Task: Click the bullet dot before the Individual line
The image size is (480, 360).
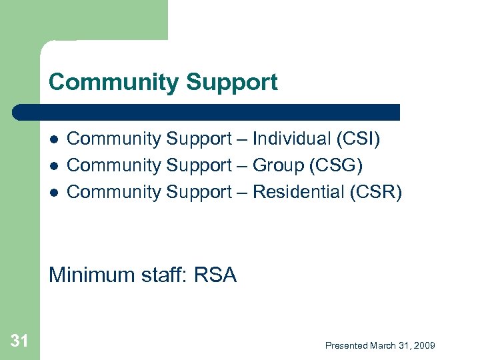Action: click(x=54, y=139)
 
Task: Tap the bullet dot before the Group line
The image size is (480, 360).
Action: click(x=54, y=165)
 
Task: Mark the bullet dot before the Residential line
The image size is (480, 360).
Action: click(x=54, y=192)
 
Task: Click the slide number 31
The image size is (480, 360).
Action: click(x=19, y=341)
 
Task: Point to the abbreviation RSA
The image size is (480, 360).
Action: click(x=215, y=275)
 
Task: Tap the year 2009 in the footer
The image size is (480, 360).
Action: click(x=424, y=345)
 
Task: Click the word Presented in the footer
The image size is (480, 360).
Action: click(x=347, y=345)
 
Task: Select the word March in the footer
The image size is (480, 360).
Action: click(x=383, y=345)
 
